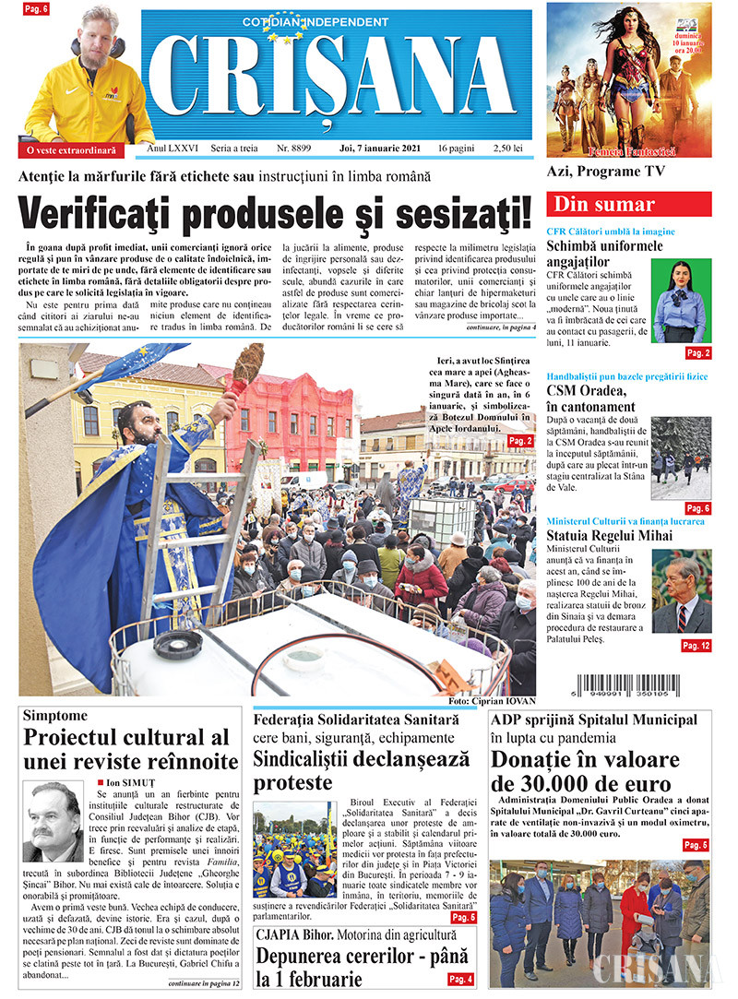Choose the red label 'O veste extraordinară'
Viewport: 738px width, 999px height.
71,149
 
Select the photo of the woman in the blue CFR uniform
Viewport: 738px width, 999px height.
681,301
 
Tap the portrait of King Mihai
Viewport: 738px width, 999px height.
682,590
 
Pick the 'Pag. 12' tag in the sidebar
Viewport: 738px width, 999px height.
696,646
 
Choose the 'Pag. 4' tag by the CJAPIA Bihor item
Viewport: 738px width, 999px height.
460,979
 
